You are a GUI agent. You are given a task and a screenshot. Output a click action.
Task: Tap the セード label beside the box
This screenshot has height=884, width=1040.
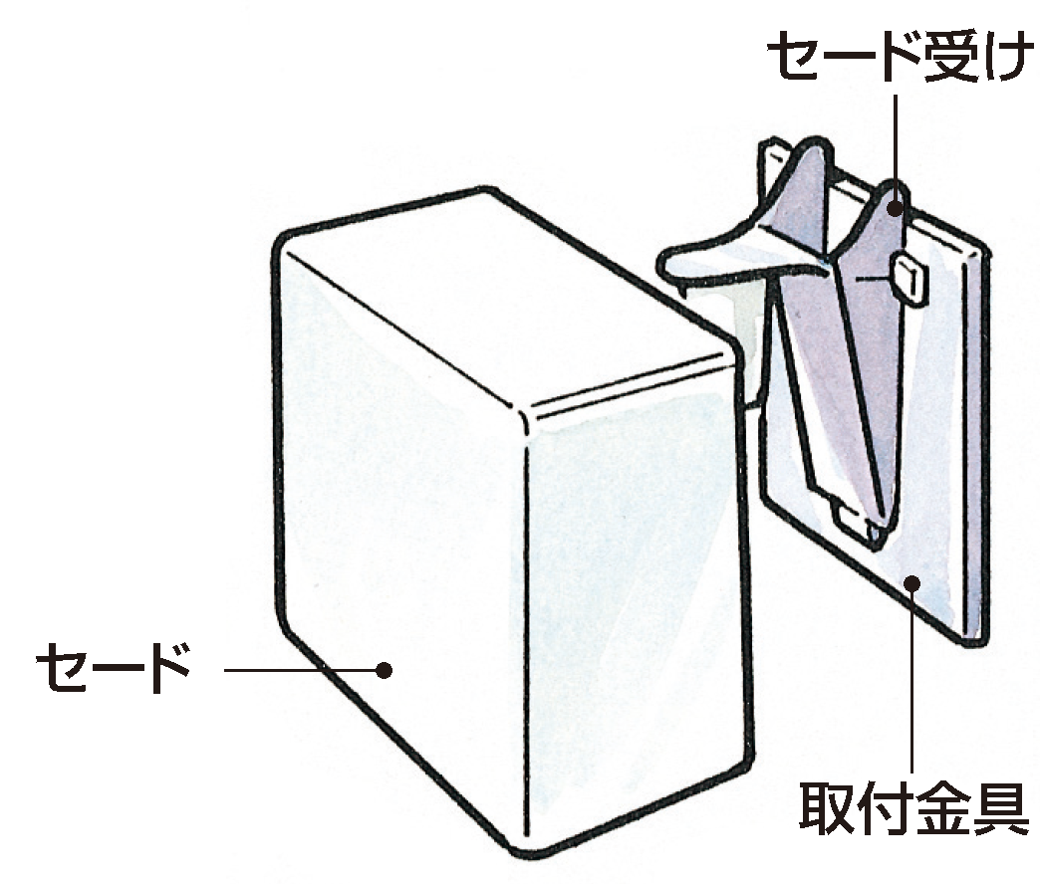tap(113, 668)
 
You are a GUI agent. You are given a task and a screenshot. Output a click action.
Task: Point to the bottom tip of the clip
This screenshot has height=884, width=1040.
tap(876, 543)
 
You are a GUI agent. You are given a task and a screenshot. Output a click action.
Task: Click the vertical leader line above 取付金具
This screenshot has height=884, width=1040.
tap(912, 677)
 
